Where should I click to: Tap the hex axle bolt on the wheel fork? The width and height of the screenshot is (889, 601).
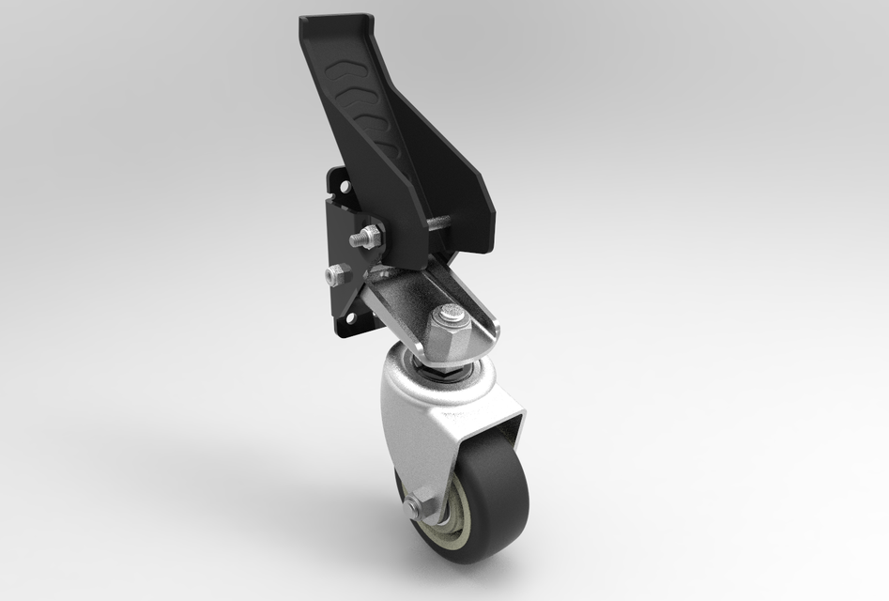tap(413, 508)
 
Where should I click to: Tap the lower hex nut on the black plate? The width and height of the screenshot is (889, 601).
tap(336, 275)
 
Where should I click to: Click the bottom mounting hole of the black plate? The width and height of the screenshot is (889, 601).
tap(351, 319)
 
